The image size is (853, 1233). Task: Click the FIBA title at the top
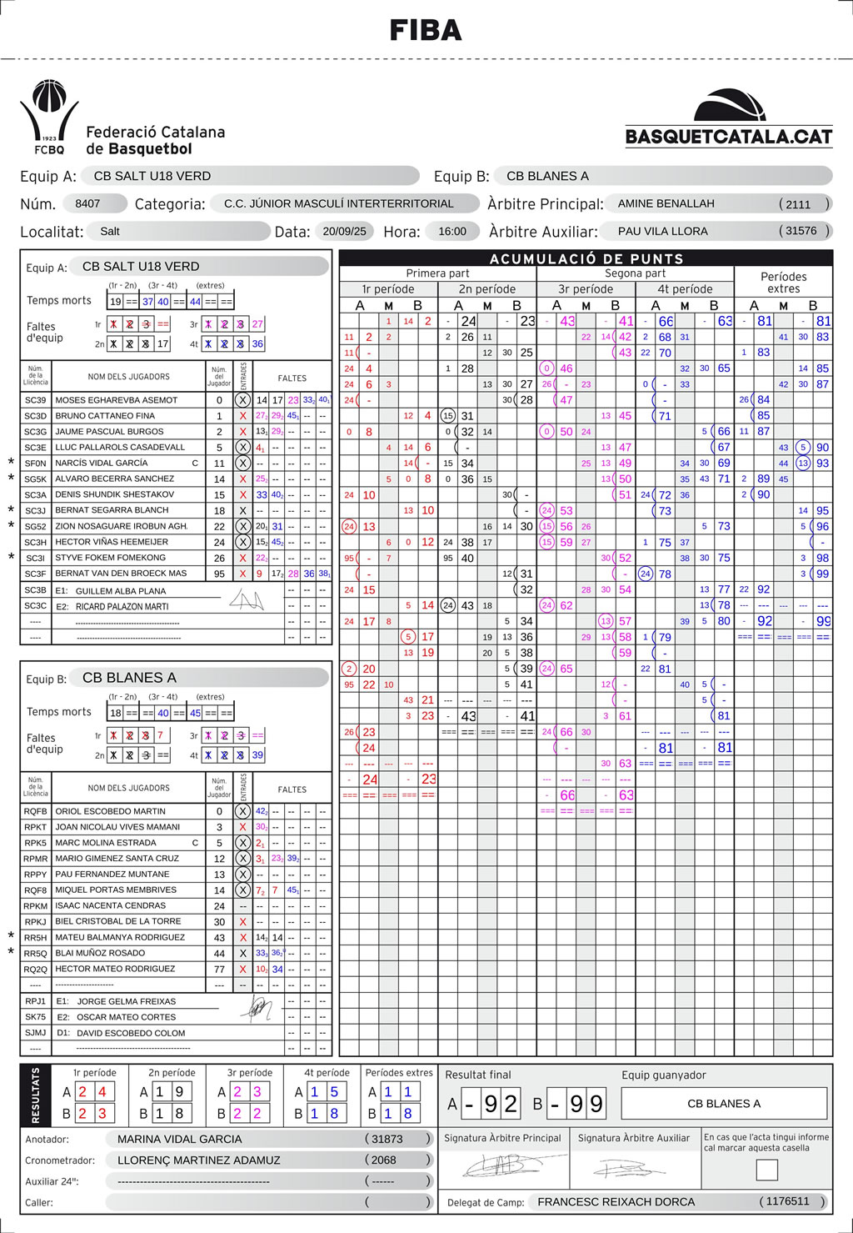pos(426,31)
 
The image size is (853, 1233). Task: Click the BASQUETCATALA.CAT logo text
pos(729,137)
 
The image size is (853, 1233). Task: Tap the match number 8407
pos(87,203)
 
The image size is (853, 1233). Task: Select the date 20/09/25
pos(344,232)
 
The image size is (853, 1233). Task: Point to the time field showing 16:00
pos(452,232)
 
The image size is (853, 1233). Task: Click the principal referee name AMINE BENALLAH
pos(666,203)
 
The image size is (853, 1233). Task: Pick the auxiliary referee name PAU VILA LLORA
pos(663,231)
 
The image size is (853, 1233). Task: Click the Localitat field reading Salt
pos(110,232)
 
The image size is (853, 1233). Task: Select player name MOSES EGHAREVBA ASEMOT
pos(117,400)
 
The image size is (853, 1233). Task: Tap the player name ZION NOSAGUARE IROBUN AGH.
pos(122,526)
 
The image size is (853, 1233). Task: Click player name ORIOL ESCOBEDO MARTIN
pos(111,811)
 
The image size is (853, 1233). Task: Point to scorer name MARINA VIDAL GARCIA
pos(180,1139)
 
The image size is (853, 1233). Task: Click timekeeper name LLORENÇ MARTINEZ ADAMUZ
pos(199,1160)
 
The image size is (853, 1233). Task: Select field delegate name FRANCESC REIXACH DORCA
pos(616,1202)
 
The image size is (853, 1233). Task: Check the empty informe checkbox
pos(766,1170)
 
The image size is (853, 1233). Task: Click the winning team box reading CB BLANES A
pos(724,1104)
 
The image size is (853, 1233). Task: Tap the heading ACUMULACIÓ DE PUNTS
pos(586,258)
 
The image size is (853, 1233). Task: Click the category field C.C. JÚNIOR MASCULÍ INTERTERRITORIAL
pos(339,203)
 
